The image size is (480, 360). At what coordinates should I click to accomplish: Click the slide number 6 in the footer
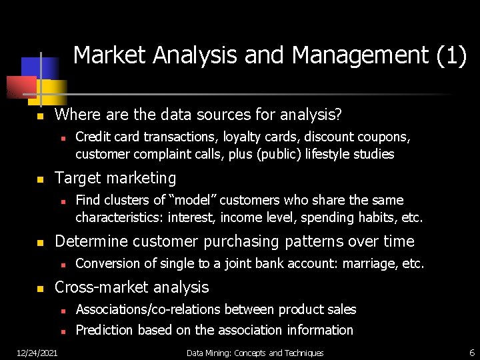click(x=471, y=352)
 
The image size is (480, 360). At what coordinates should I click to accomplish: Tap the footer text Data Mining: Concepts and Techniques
click(x=255, y=353)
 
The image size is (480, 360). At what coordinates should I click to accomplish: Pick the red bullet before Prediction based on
click(x=61, y=331)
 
